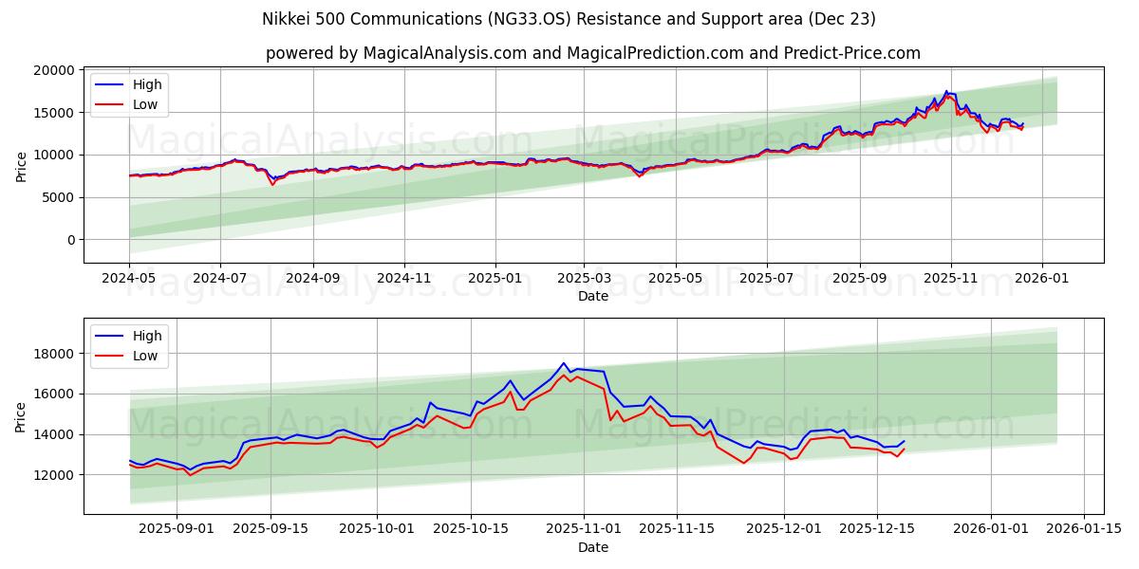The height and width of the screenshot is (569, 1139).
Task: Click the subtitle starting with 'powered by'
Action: point(593,53)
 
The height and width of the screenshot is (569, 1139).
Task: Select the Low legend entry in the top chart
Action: point(145,104)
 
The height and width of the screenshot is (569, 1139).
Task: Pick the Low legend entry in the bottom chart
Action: point(145,356)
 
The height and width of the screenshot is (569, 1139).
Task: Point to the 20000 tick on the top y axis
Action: point(52,70)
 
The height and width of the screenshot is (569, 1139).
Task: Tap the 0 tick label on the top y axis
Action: point(70,240)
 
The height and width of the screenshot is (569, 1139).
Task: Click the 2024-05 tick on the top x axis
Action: point(129,278)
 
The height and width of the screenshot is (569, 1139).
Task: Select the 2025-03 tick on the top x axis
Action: point(584,278)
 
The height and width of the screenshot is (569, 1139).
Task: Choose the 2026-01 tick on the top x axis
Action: point(1042,278)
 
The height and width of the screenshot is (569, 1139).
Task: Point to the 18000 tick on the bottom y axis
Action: point(52,354)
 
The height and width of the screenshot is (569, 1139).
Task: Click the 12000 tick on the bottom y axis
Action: point(52,474)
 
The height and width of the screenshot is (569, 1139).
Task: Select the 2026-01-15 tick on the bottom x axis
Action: point(1084,529)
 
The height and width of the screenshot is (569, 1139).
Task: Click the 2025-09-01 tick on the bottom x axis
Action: point(177,529)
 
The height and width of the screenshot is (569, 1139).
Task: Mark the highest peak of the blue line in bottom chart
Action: point(564,363)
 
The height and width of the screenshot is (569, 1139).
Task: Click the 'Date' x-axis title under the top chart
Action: point(593,296)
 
